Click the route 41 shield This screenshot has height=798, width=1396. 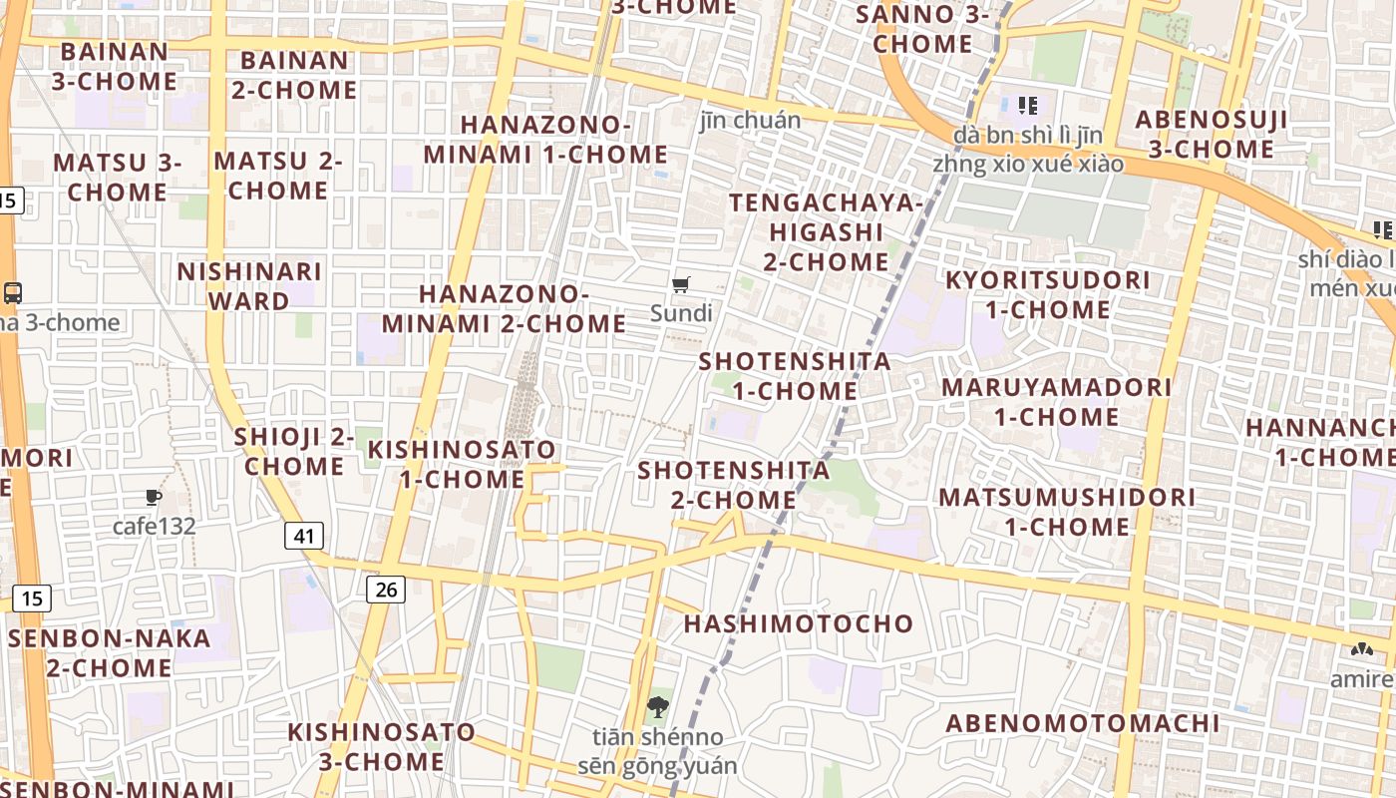point(304,536)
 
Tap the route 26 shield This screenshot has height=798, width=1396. point(386,590)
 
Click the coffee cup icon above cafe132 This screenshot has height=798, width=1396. point(153,497)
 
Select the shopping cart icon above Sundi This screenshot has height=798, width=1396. point(681,286)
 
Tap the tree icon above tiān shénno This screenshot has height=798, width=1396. point(657,709)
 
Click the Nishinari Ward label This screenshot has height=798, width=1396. point(249,285)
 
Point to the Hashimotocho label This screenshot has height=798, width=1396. point(799,623)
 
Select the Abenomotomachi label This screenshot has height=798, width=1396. point(1082,723)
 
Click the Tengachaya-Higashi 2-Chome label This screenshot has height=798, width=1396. point(827,231)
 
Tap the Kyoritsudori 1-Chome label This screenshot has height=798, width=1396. point(1047,294)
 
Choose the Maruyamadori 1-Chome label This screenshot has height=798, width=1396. point(1056,401)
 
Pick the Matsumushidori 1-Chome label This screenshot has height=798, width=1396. point(1066,511)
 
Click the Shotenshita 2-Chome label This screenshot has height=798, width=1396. point(734,484)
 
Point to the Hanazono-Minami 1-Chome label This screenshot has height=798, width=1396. point(545,140)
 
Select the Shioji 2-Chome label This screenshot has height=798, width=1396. point(294,451)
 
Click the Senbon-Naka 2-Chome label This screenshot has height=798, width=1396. point(110,652)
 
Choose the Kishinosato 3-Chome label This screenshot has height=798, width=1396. point(382,746)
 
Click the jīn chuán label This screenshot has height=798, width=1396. point(750,121)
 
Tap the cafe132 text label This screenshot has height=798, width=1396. point(154,526)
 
